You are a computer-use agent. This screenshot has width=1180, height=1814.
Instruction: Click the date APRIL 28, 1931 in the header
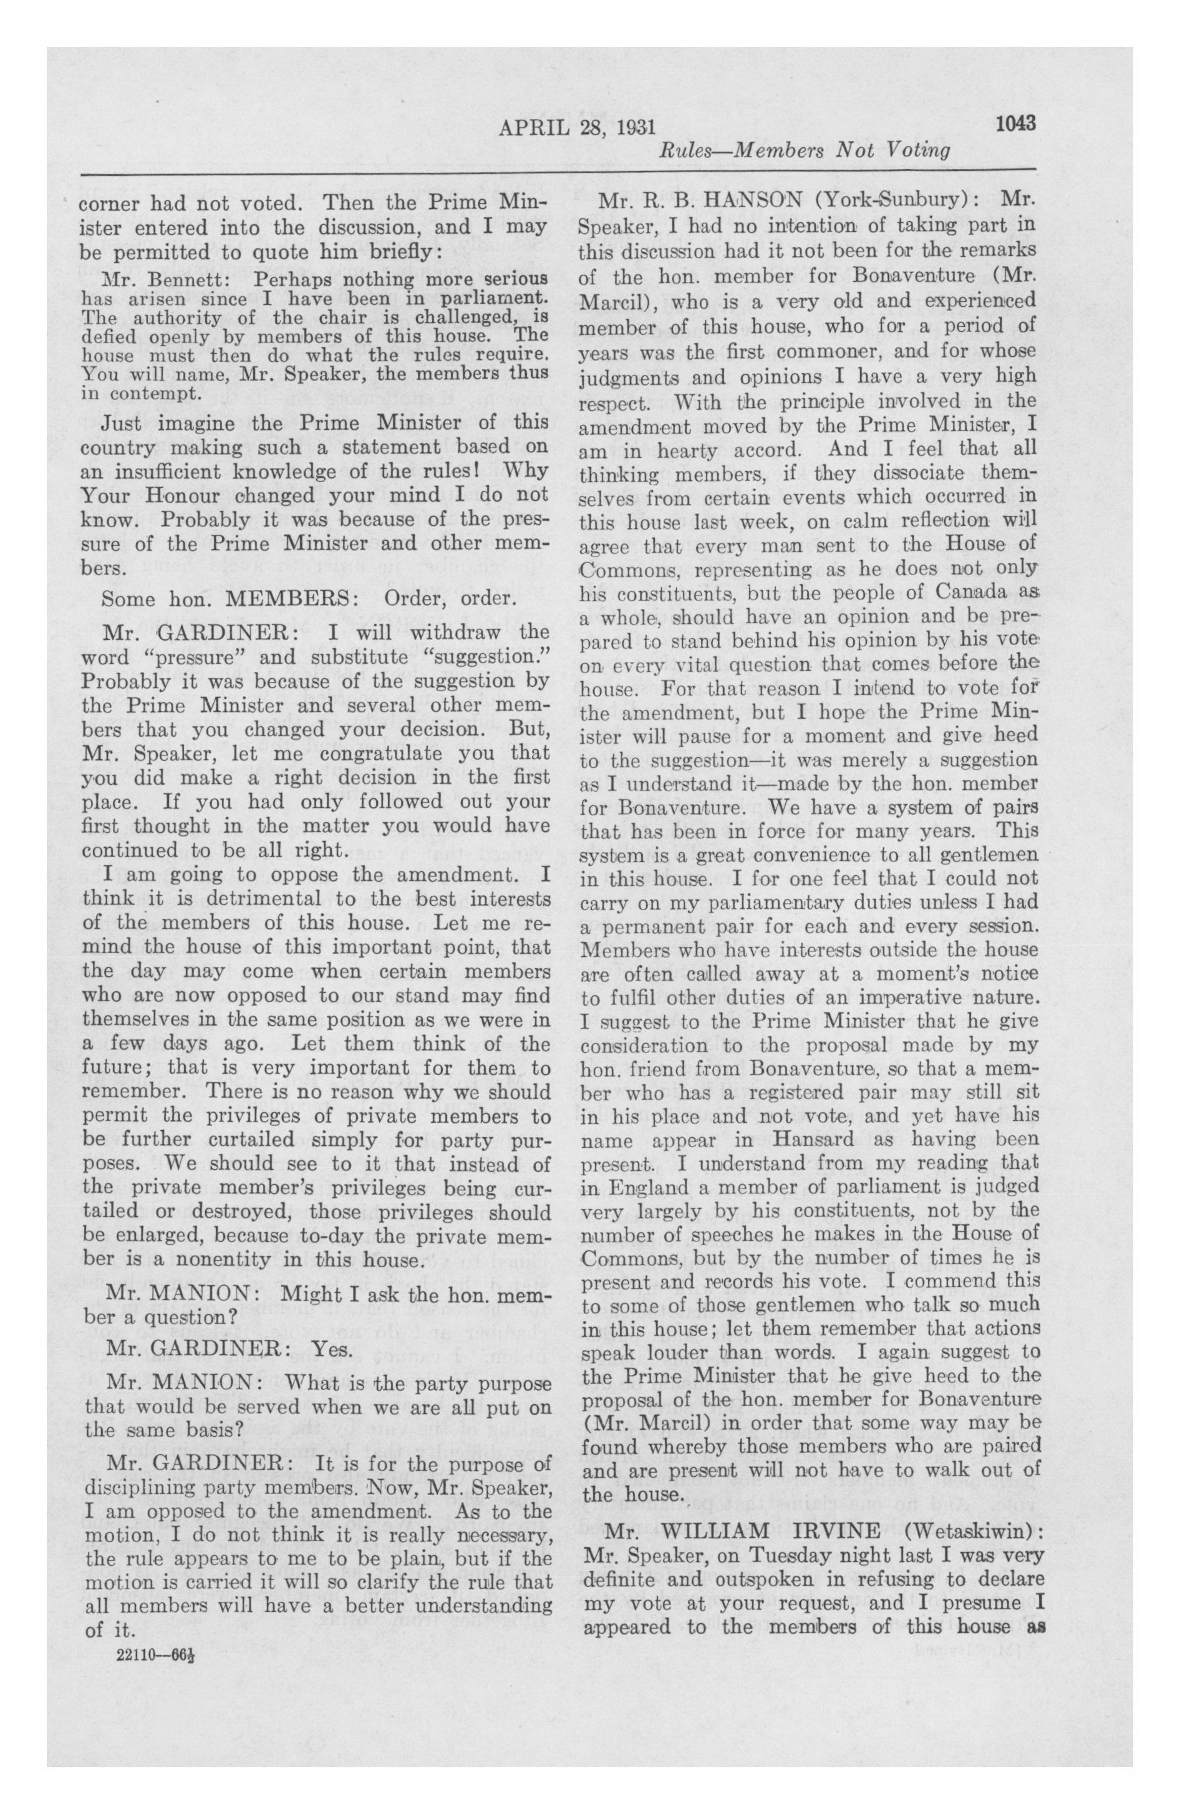tap(577, 126)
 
